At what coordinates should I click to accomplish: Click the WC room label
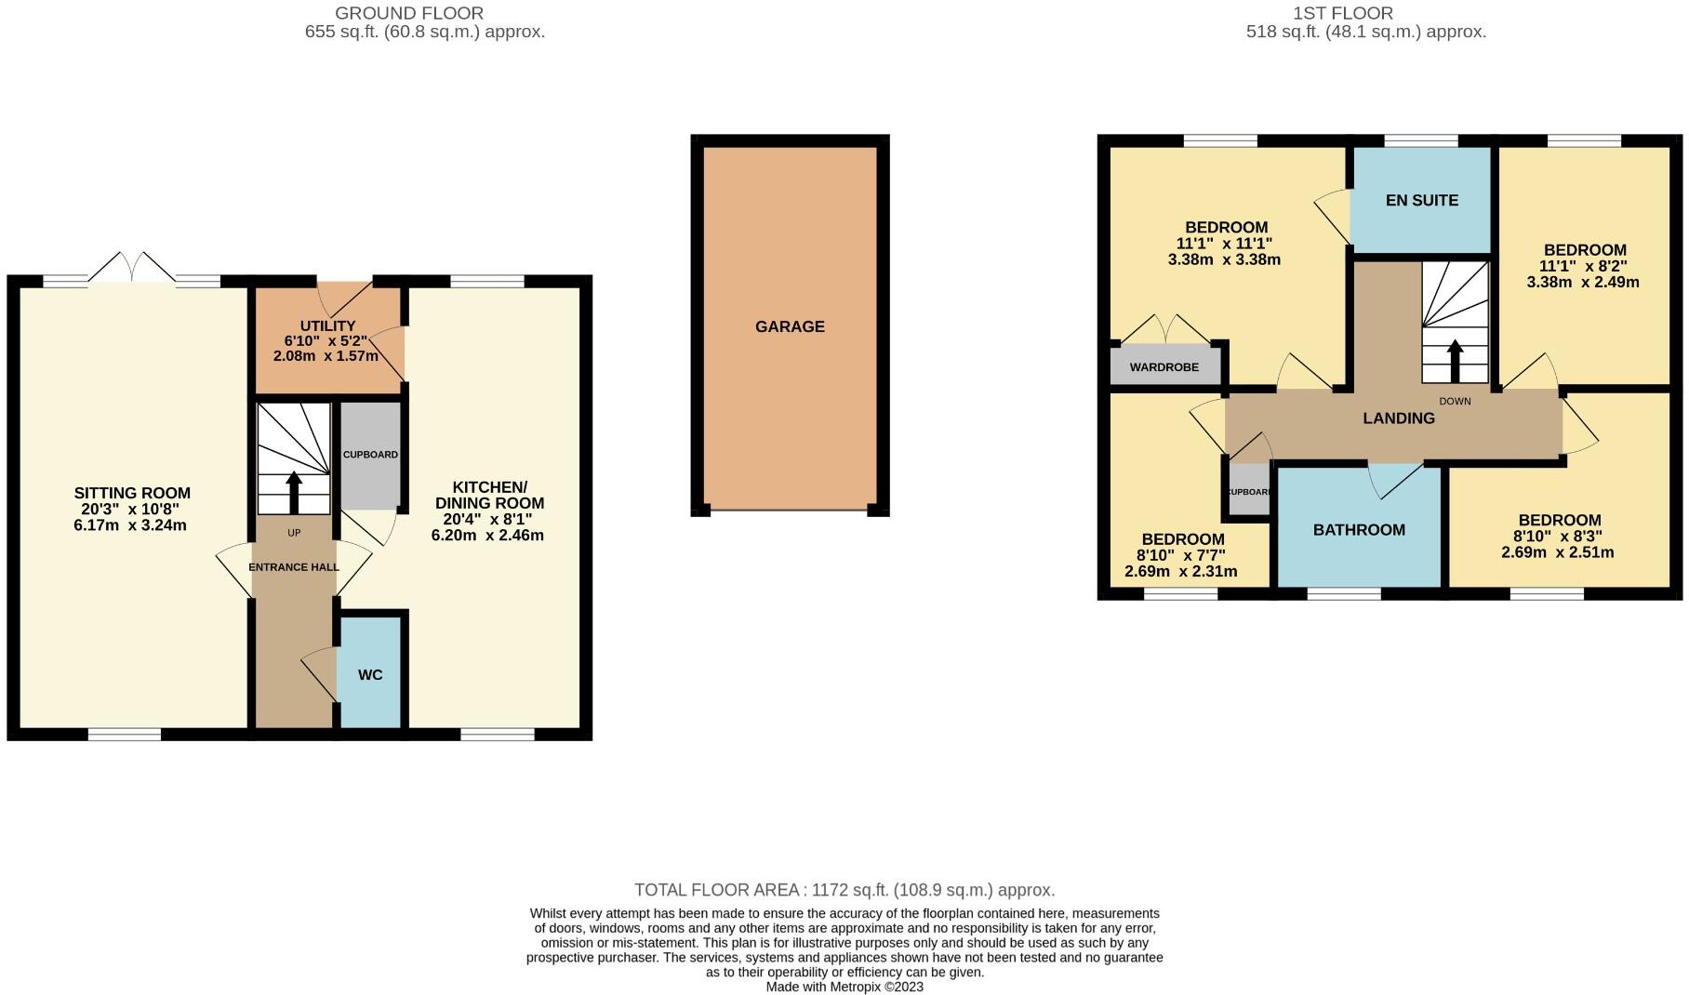370,674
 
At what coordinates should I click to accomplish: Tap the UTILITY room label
327,325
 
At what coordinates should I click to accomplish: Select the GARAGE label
790,326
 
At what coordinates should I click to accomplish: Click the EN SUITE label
1421,200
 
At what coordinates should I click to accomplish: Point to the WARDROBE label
1164,367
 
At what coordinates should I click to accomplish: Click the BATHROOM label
1359,530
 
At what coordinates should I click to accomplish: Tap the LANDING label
1398,418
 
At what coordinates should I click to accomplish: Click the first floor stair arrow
1455,361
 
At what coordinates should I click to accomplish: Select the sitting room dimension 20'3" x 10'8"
131,509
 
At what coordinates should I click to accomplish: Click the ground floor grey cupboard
370,455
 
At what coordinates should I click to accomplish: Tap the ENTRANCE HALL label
293,566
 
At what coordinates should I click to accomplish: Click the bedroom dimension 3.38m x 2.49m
1583,282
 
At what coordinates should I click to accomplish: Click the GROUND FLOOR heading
409,13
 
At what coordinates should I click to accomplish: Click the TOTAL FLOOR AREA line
844,890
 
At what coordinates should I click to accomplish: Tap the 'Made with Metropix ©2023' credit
844,987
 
